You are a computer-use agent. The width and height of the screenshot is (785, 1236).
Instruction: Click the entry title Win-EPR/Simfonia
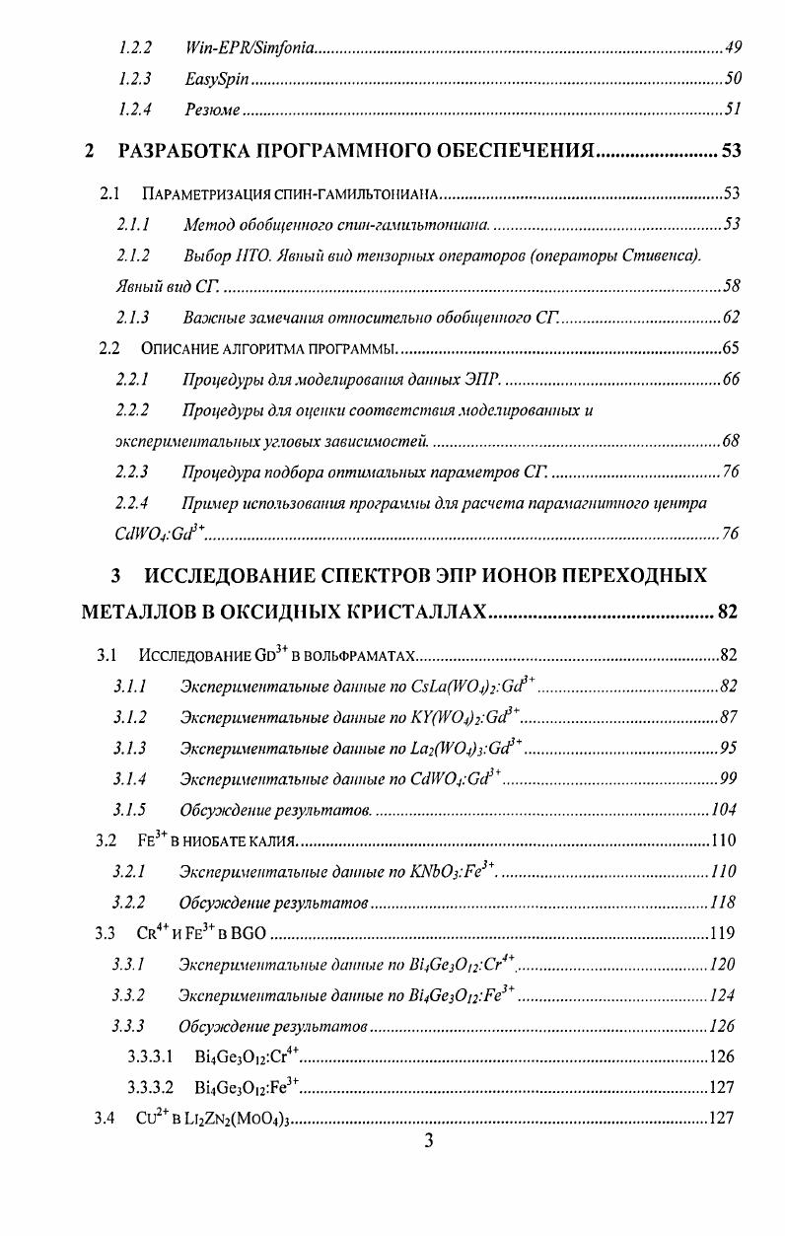point(250,47)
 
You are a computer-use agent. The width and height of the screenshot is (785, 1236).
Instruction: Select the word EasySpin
point(215,77)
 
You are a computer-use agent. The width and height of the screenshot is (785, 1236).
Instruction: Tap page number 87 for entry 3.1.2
point(729,717)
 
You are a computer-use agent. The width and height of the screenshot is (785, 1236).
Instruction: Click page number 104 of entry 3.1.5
point(724,810)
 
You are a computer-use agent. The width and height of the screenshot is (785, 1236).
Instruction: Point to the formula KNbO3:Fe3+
point(445,872)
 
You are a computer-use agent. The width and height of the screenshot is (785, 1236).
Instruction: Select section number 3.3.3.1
point(151,1057)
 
